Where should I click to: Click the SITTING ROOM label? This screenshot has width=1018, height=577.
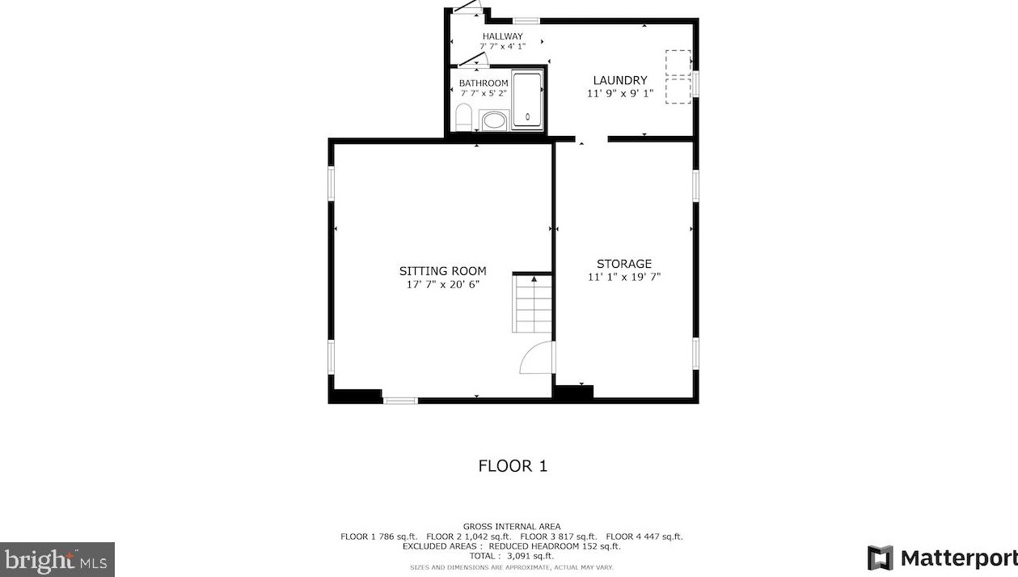tap(442, 271)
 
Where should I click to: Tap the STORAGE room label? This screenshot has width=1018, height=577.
tap(624, 264)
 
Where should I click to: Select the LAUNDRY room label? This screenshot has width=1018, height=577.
tap(620, 80)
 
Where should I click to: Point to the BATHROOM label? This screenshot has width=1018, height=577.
tap(484, 83)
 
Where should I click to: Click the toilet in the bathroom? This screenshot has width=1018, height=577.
tap(463, 117)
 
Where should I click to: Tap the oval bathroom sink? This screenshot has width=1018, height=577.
tap(493, 121)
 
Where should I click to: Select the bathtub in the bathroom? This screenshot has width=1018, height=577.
tap(527, 100)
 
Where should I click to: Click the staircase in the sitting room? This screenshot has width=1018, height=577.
tap(532, 303)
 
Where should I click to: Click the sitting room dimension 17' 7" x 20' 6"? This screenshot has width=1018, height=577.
tap(443, 285)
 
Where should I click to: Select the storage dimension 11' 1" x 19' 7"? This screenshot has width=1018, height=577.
tap(624, 277)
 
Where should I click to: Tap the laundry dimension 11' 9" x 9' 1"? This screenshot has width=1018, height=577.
tap(620, 94)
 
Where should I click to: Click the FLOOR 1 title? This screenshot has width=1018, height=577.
tap(513, 466)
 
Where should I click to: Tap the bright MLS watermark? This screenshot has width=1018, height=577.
tap(57, 560)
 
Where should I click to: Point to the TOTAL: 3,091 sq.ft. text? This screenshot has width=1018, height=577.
tap(512, 556)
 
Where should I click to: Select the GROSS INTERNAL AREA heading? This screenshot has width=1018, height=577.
tap(512, 527)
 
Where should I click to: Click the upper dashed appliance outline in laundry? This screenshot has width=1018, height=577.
tap(678, 63)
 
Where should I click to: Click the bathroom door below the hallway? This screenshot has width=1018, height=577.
tap(473, 60)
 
